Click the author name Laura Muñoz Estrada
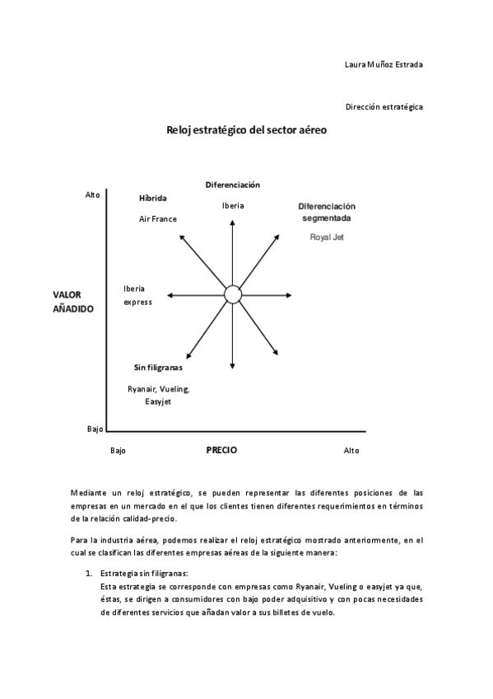pyautogui.click(x=384, y=64)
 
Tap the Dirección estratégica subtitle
pyautogui.click(x=384, y=106)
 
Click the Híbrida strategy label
pyautogui.click(x=153, y=199)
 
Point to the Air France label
pyautogui.click(x=158, y=218)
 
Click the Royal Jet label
pyautogui.click(x=327, y=237)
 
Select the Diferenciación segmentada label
pyautogui.click(x=327, y=212)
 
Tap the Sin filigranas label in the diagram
pyautogui.click(x=158, y=368)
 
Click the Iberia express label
pyautogui.click(x=137, y=295)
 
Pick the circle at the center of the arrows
pyautogui.click(x=233, y=294)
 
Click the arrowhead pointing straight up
pyautogui.click(x=233, y=223)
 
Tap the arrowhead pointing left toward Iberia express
pyautogui.click(x=170, y=294)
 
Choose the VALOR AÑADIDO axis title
pyautogui.click(x=73, y=301)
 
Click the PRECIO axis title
pyautogui.click(x=221, y=450)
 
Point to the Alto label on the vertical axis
pyautogui.click(x=92, y=195)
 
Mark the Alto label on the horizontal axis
pyautogui.click(x=351, y=451)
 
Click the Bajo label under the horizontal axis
pyautogui.click(x=118, y=451)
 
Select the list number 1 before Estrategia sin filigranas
pyautogui.click(x=89, y=573)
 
